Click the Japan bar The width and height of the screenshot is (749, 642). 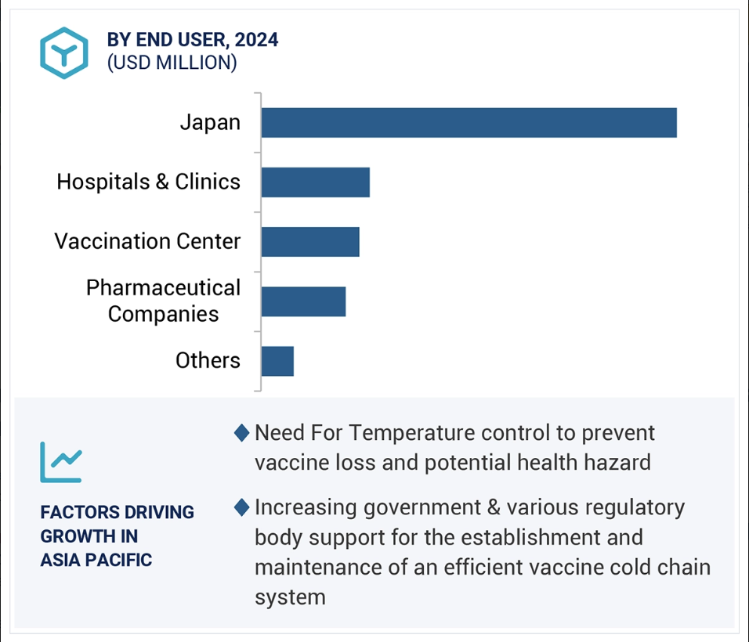coord(469,123)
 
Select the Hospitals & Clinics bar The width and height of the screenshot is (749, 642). coord(316,182)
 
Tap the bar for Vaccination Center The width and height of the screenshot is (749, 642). coord(310,242)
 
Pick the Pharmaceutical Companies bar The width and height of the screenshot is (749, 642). coord(304,301)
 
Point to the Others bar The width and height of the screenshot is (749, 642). coord(277,362)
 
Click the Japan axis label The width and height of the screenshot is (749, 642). coord(210,123)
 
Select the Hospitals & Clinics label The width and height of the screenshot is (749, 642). coord(149,182)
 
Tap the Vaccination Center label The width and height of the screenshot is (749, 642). coord(147,241)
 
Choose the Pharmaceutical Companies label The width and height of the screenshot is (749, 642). coord(164,301)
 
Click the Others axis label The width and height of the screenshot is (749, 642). coord(208,360)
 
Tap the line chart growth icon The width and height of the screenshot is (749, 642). coord(61,462)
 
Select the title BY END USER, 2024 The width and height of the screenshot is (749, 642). coord(193,40)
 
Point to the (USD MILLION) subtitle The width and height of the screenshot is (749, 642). coord(172,63)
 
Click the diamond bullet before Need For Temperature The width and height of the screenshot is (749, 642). coord(242,433)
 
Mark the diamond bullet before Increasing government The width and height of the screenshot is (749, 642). coord(242,507)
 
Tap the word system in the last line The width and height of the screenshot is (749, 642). coord(290,597)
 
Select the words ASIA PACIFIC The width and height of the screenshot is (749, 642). coord(96,560)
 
